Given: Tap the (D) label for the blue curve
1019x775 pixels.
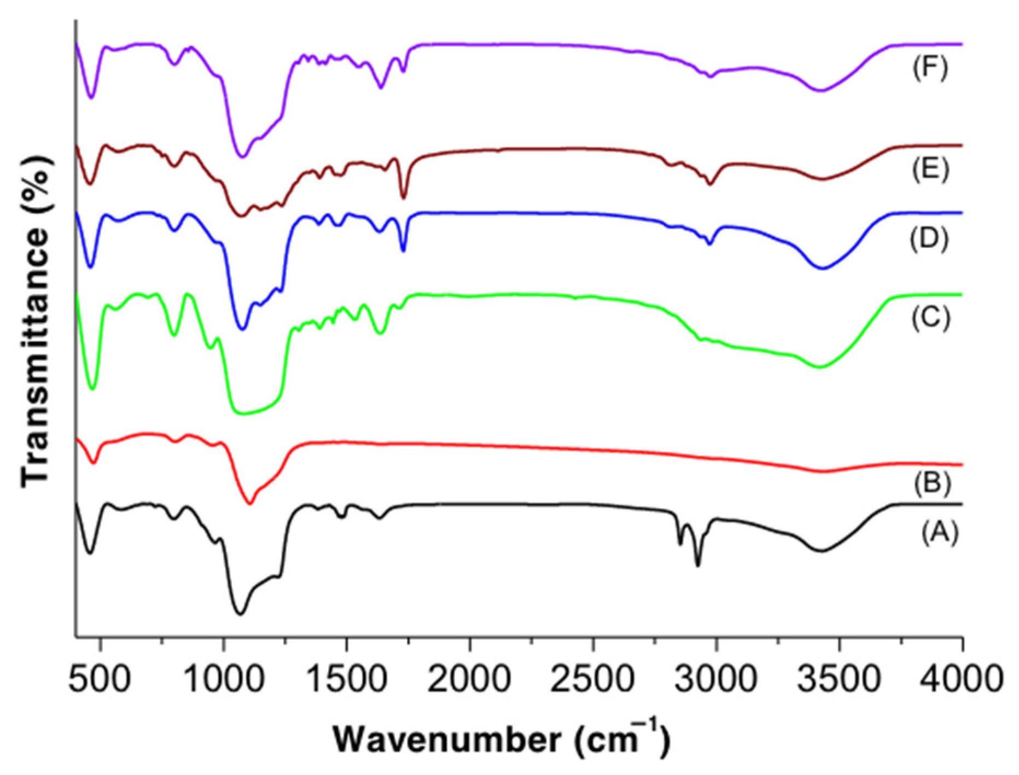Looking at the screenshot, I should (929, 239).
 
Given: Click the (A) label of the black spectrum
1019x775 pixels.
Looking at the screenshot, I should (939, 532).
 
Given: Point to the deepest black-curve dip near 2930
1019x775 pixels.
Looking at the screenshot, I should (698, 565).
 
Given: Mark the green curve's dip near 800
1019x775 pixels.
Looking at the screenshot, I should (174, 334).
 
